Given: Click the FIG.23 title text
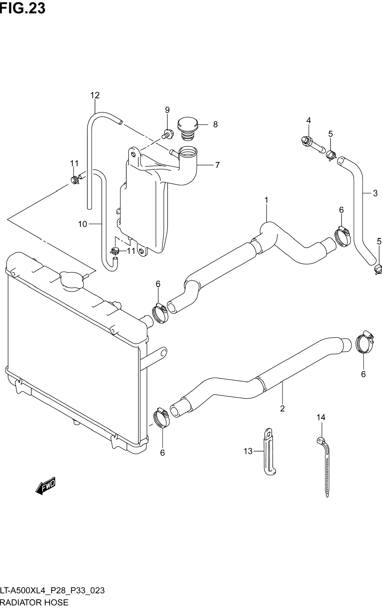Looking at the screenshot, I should pyautogui.click(x=23, y=8).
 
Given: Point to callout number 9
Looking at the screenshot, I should pyautogui.click(x=167, y=110).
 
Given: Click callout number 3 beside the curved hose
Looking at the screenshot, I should pyautogui.click(x=375, y=193).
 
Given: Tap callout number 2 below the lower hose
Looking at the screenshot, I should pyautogui.click(x=282, y=408).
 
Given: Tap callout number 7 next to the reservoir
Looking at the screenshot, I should pyautogui.click(x=217, y=165).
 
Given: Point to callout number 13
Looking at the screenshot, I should pyautogui.click(x=248, y=451).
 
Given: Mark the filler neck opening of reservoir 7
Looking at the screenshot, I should pyautogui.click(x=188, y=152).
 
